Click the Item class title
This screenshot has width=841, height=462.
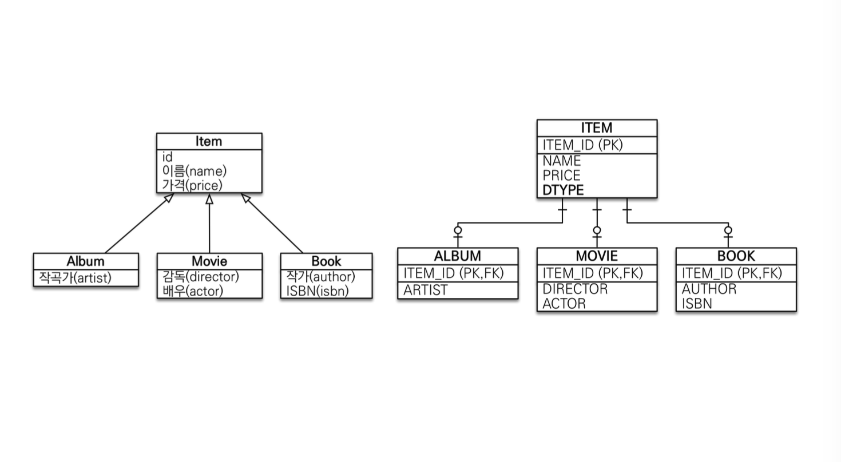point(209,141)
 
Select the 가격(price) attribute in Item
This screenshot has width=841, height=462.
point(192,185)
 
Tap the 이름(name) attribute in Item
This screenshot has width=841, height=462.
point(195,171)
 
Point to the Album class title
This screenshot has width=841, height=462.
point(85,261)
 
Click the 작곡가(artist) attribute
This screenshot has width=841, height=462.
point(75,278)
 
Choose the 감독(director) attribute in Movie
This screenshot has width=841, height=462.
point(201,277)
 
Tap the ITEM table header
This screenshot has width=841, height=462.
point(597,128)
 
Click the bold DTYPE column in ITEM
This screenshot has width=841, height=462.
point(563,190)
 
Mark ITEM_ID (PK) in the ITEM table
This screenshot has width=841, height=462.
point(582,145)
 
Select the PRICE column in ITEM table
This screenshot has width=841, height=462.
point(561,176)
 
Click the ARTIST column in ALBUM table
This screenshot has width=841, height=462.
point(426,290)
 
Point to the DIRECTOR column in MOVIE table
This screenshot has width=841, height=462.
point(575,289)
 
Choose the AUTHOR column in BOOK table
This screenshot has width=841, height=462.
point(709,289)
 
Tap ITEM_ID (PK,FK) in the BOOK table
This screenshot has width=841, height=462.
point(731,273)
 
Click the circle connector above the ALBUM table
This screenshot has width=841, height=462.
point(458,230)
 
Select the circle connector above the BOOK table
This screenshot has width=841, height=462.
point(728,230)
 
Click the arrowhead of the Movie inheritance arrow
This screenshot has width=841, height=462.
point(209,199)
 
